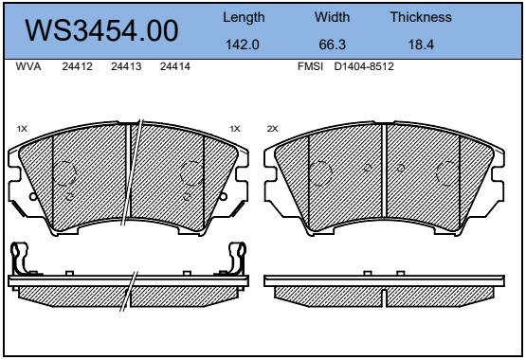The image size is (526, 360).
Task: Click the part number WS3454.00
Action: (101, 30)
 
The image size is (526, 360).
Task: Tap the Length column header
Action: (244, 17)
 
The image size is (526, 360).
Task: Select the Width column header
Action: (332, 17)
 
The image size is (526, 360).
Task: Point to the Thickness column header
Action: (421, 17)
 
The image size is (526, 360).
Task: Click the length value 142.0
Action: (243, 45)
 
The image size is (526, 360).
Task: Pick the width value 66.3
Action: (332, 45)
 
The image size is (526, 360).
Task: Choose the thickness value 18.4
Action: (421, 45)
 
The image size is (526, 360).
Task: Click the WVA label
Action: (28, 66)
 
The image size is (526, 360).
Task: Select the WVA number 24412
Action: (77, 66)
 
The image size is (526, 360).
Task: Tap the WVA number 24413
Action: (126, 66)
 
